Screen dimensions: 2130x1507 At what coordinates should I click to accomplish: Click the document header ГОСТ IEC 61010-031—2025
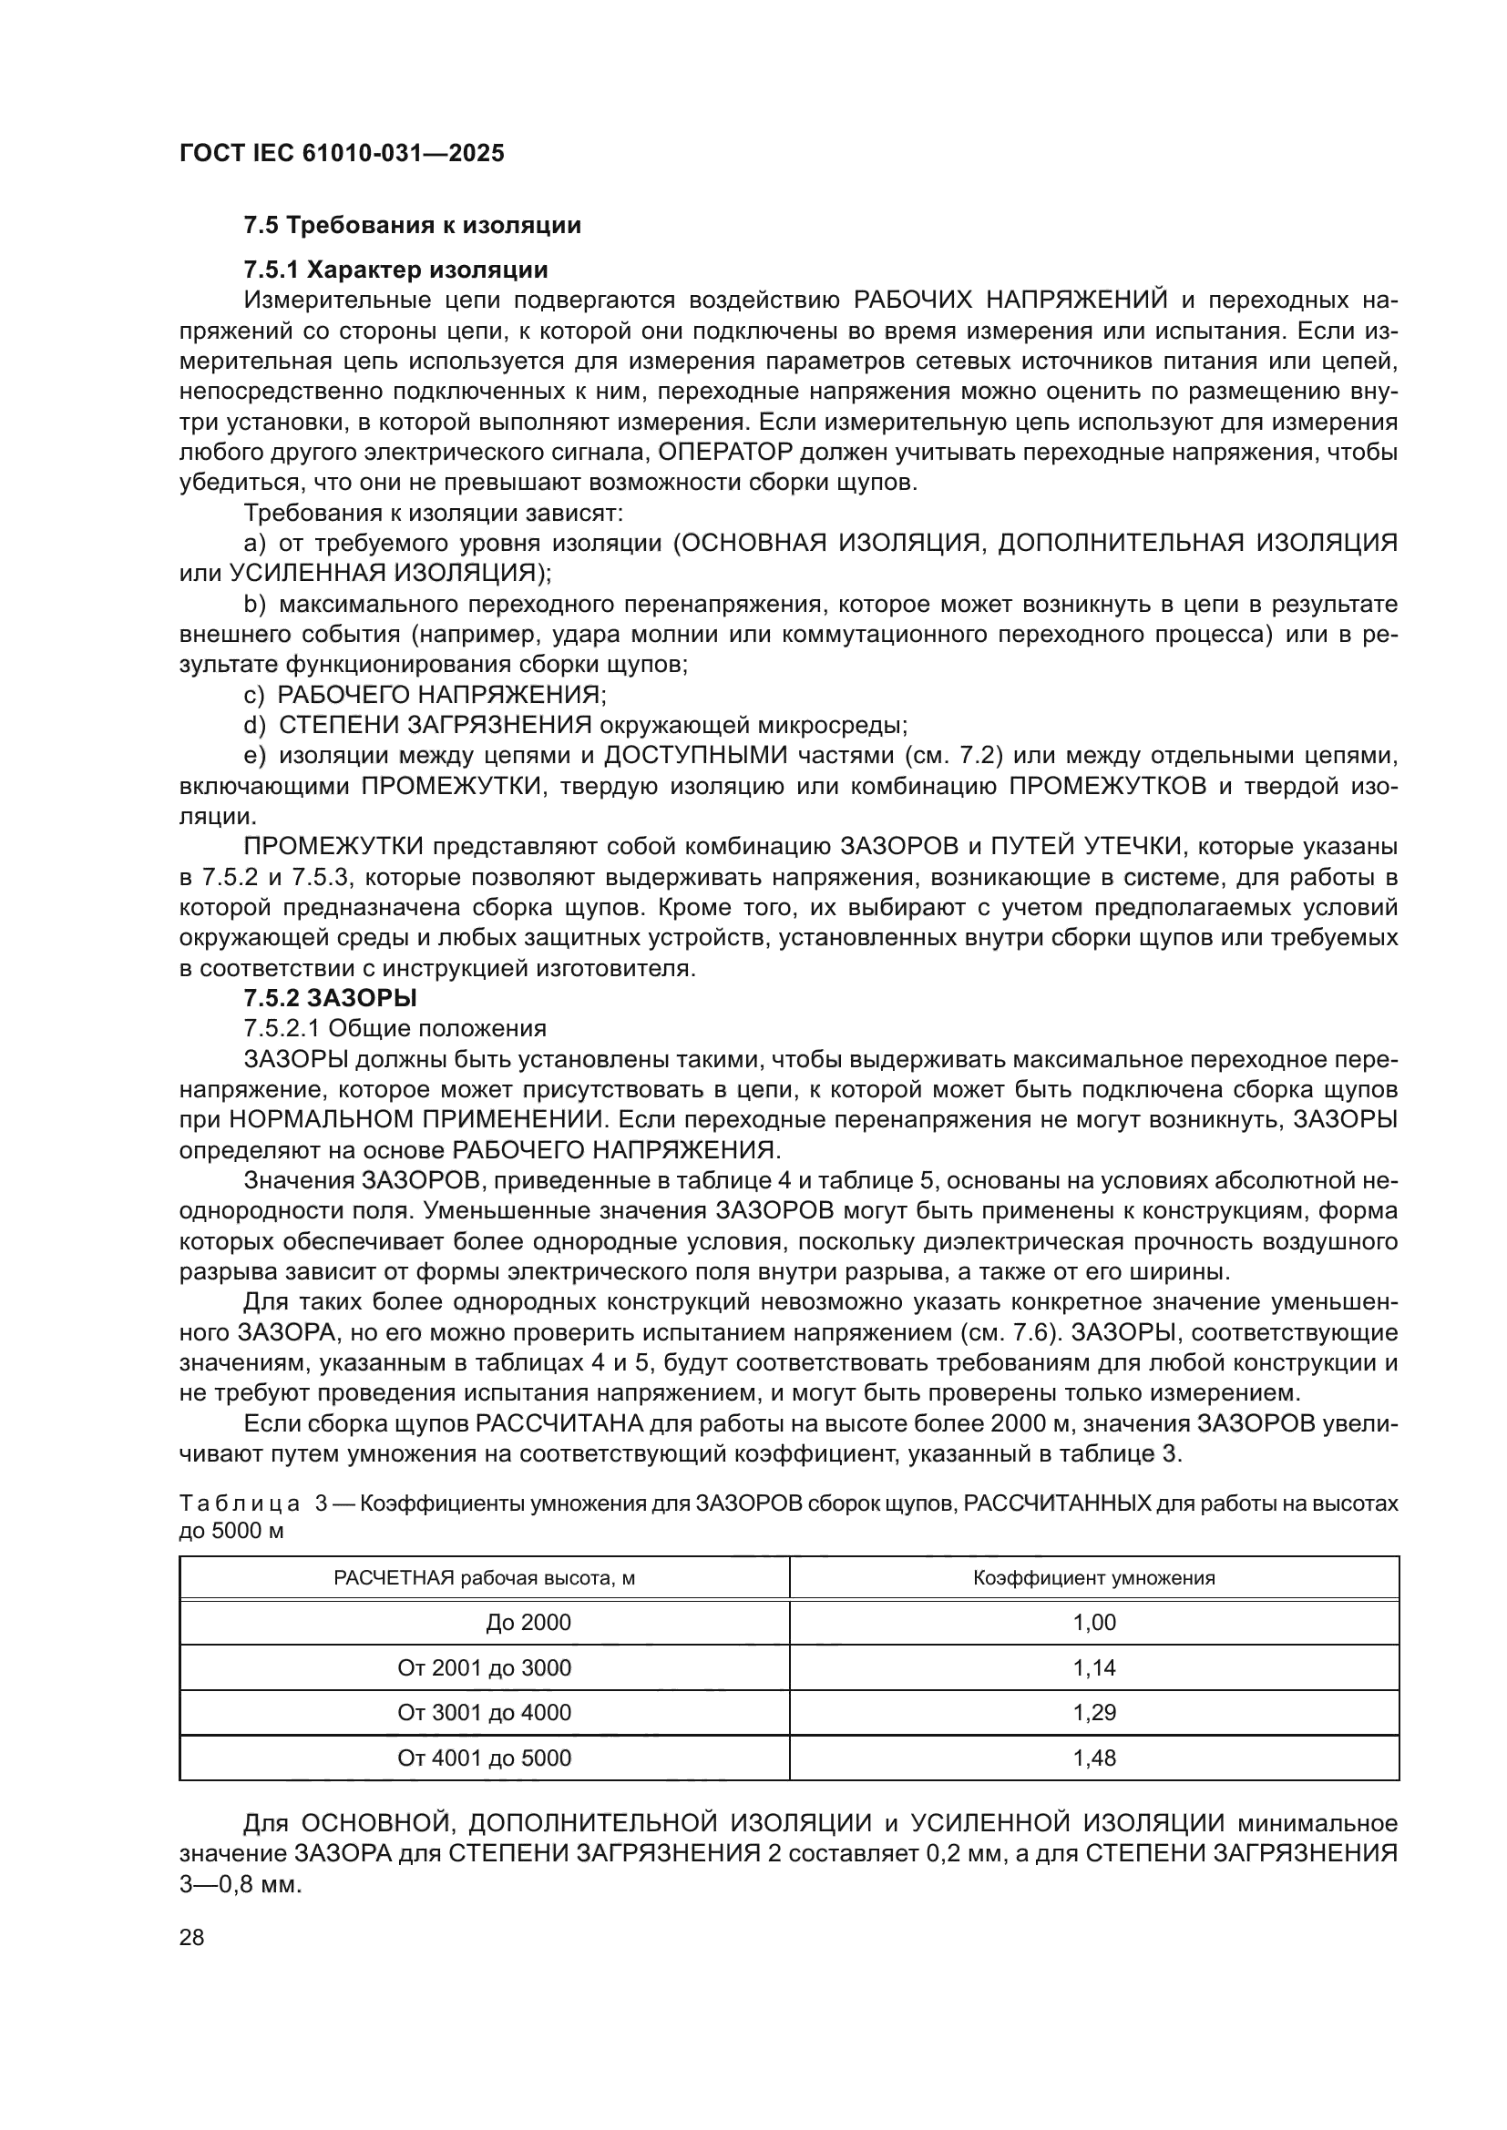[342, 153]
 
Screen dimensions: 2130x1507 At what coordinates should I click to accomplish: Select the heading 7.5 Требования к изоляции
[412, 226]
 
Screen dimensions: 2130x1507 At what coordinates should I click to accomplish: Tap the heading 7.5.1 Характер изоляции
[395, 270]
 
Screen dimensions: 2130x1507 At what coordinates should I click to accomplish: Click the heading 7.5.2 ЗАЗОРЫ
[330, 998]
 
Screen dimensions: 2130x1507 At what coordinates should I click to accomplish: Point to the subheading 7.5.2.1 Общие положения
[395, 1028]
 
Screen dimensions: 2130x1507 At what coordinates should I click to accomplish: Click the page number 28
[191, 1937]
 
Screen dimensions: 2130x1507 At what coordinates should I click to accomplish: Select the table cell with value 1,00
[1094, 1623]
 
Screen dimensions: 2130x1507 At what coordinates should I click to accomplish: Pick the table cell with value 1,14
[1094, 1668]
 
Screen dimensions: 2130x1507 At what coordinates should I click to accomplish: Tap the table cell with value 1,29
[1094, 1713]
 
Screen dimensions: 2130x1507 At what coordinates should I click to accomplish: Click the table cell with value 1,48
[1094, 1758]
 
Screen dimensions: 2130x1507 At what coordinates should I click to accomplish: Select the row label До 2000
[528, 1623]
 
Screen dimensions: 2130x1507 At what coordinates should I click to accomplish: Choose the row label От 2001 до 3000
[485, 1668]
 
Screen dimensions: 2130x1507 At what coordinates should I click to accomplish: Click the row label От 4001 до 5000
[485, 1758]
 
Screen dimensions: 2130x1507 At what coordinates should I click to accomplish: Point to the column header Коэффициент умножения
[1094, 1578]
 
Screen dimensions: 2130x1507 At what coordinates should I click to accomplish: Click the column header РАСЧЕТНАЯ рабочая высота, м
[485, 1578]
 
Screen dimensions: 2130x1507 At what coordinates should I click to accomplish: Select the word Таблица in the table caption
[239, 1503]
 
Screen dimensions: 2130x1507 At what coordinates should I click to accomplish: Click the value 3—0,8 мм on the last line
[241, 1885]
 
